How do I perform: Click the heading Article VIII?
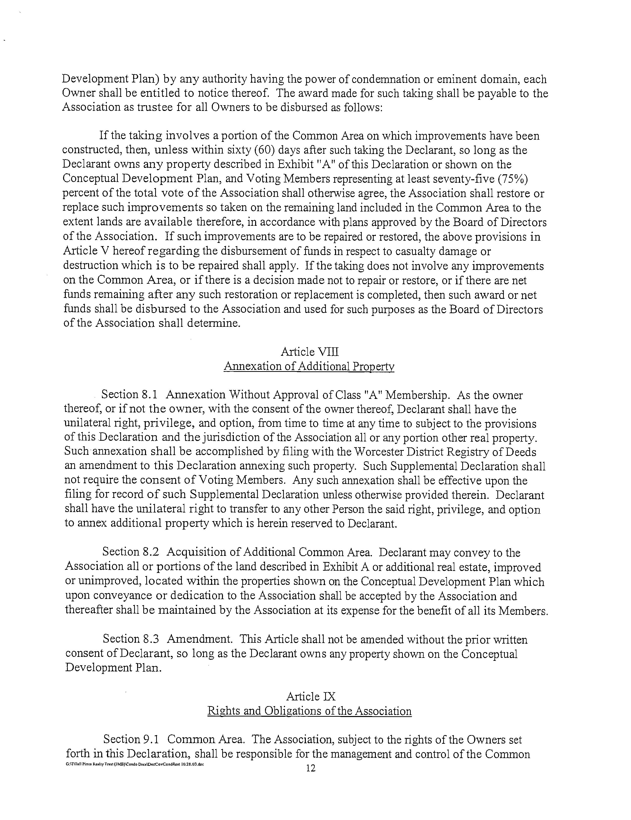tap(310, 352)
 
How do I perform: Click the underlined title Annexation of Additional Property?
tap(309, 366)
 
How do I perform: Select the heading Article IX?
tap(311, 696)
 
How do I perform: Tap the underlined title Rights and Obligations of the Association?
tap(310, 711)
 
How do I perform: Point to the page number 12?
tap(311, 768)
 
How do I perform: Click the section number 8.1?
tap(149, 395)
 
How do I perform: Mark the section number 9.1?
tap(151, 739)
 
